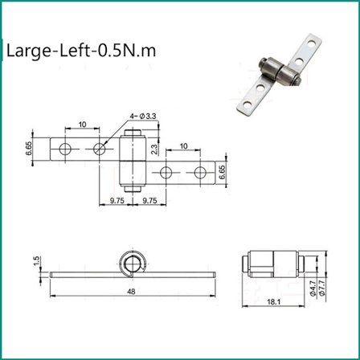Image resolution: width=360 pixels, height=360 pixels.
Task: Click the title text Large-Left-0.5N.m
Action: pyautogui.click(x=81, y=51)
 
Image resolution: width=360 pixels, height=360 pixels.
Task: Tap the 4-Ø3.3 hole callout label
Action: pyautogui.click(x=143, y=116)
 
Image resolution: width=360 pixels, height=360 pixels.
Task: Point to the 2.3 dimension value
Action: pyautogui.click(x=154, y=149)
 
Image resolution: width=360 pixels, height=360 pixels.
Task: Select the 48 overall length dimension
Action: pyautogui.click(x=131, y=292)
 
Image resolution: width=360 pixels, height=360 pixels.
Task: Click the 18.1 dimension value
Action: pyautogui.click(x=273, y=302)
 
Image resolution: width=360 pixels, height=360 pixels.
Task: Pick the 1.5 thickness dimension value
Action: pyautogui.click(x=36, y=261)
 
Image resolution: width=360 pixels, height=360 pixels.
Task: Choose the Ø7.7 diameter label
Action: pyautogui.click(x=322, y=287)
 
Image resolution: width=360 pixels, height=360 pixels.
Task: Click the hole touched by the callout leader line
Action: pyautogui.click(x=100, y=149)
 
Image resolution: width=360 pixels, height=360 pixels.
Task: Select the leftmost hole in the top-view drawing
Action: pyautogui.click(x=65, y=149)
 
